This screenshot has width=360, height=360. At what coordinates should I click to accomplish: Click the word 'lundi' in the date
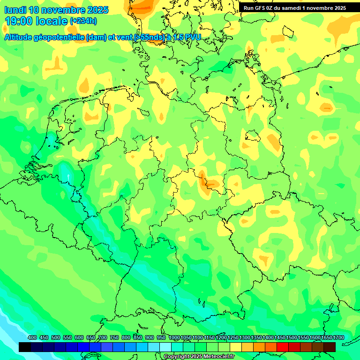pos(15,10)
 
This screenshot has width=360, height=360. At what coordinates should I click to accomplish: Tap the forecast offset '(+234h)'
pos(83,21)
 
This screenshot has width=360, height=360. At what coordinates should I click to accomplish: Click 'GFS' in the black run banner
pos(263,8)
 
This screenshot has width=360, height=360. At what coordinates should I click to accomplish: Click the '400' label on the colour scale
pos(32,338)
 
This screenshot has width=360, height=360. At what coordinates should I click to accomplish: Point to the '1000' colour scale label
pos(174,338)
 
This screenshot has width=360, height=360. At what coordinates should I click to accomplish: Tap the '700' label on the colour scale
pos(103,338)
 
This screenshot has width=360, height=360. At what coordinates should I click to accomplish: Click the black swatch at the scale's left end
pos(25,347)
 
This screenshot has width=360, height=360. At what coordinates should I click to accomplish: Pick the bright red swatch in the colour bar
pos(283,347)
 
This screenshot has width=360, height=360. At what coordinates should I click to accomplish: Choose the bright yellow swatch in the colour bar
pos(236,347)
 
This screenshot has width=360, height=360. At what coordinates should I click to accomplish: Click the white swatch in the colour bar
pos(165,347)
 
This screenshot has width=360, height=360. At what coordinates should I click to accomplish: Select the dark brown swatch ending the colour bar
pos(330,347)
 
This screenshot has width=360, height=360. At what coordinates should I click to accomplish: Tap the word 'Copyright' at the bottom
pos(176,357)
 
